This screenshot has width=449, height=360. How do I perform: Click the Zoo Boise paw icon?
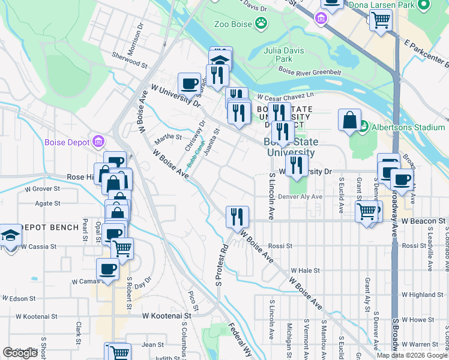coord(261,23)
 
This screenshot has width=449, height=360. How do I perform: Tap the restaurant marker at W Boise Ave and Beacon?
coord(237,216)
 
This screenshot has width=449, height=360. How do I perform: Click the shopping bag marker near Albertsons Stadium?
coord(349,120)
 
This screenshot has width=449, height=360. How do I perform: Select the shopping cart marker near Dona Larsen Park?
coord(381,19)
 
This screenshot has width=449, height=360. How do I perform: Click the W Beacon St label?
coord(424,221)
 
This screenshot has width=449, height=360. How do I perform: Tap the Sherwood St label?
coord(130,62)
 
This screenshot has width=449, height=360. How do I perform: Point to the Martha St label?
coord(168,137)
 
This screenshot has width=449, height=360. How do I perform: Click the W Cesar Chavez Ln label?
coord(285,96)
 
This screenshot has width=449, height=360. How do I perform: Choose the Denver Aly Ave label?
coord(301,196)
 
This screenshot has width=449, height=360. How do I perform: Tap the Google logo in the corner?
coord(20,353)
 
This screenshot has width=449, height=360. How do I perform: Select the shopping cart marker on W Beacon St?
coord(366,211)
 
